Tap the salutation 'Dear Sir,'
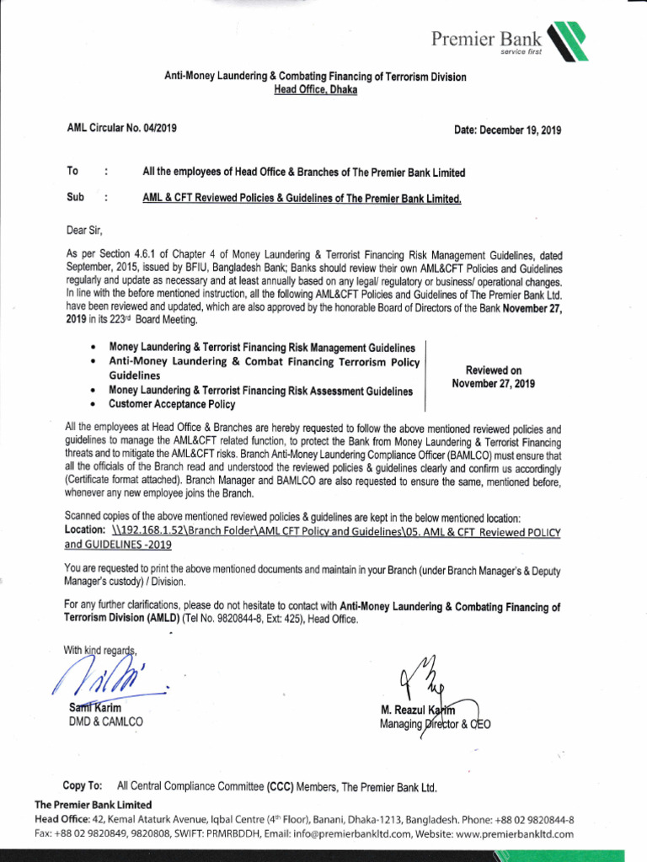(x=84, y=229)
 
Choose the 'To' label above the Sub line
(x=72, y=172)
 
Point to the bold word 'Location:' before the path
(x=85, y=531)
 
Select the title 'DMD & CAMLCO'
(x=106, y=721)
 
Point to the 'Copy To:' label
(x=83, y=785)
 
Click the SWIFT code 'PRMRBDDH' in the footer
(x=197, y=834)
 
